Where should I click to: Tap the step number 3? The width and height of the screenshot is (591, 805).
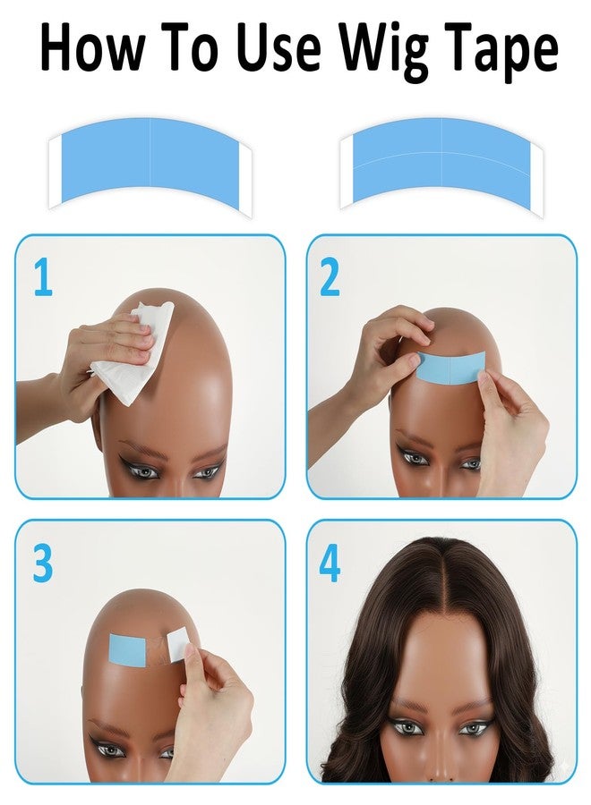click(x=43, y=563)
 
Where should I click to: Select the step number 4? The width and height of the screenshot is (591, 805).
click(x=330, y=564)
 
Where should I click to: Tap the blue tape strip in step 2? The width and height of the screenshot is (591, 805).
click(x=452, y=367)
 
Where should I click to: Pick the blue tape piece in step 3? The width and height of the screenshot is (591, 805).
click(x=128, y=648)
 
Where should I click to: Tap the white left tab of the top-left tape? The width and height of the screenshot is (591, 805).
click(x=56, y=170)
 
